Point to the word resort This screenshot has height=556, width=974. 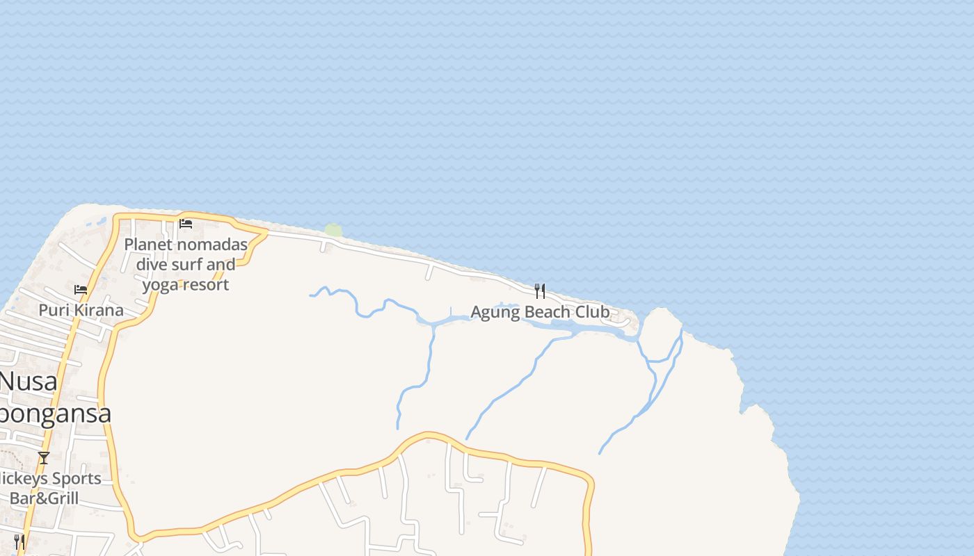(207, 285)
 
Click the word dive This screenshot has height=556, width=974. (152, 265)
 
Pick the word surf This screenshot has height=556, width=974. (186, 265)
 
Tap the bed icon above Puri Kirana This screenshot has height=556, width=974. (81, 289)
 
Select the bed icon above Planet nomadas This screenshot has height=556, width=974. (186, 224)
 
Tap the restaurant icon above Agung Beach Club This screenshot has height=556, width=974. (540, 291)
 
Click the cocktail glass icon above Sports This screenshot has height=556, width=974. (44, 457)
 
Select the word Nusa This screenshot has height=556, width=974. (28, 382)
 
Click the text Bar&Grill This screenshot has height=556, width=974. (44, 498)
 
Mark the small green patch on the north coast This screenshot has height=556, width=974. (334, 230)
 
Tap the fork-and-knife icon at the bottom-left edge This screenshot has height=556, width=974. (19, 541)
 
